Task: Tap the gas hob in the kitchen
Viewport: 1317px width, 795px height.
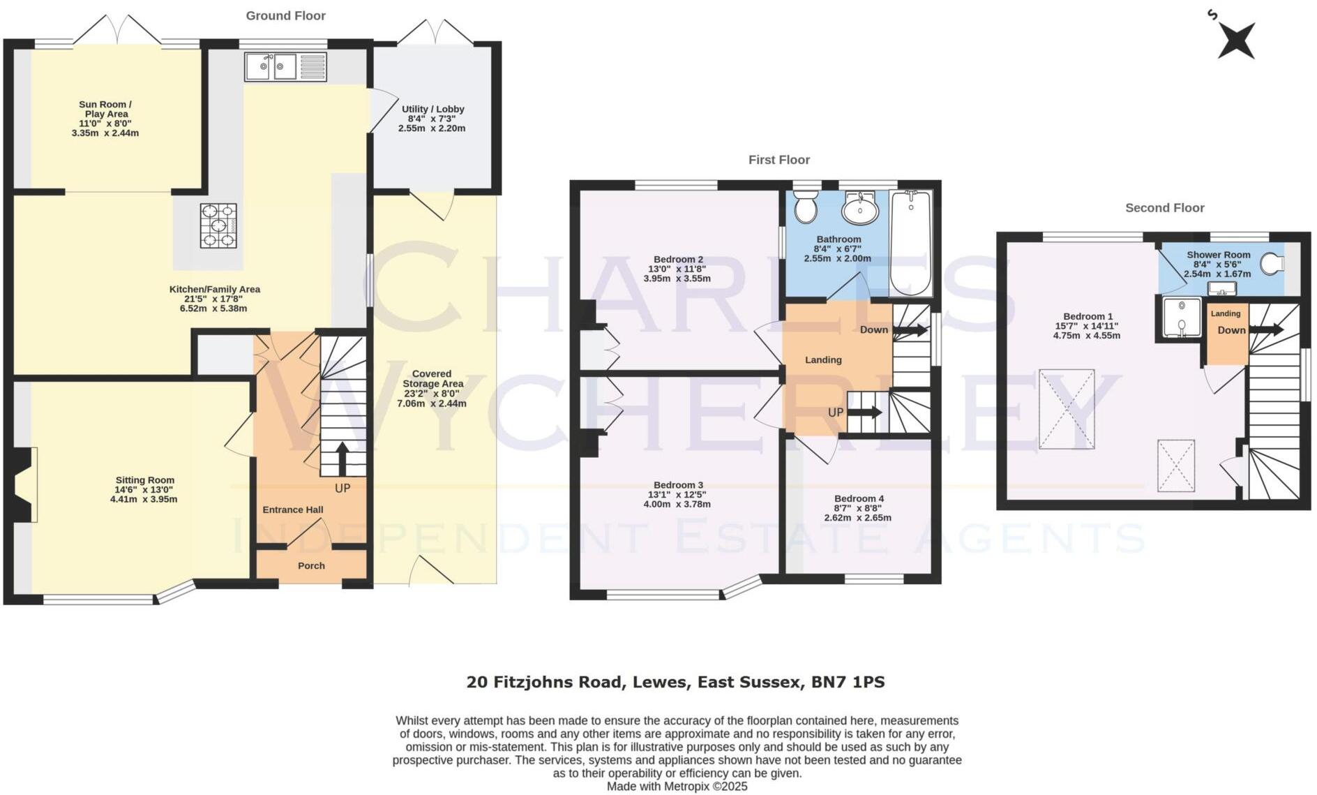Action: point(218,225)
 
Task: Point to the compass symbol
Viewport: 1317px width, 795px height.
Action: point(1236,40)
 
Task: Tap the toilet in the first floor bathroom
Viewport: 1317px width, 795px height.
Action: point(806,207)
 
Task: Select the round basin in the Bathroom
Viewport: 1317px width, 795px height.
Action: point(861,209)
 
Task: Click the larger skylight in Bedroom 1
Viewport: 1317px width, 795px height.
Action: point(1067,409)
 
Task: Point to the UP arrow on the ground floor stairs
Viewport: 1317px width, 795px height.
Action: point(343,459)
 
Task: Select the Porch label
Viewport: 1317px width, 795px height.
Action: point(311,566)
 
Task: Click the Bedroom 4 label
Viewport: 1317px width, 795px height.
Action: point(859,498)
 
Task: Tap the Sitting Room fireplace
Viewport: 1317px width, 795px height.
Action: point(23,484)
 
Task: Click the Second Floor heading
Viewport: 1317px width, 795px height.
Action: point(1164,208)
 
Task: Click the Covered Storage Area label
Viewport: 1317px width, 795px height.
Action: point(432,383)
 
